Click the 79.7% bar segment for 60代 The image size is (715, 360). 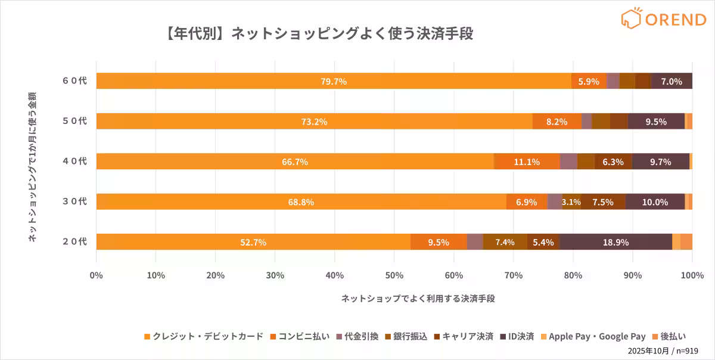pyautogui.click(x=334, y=81)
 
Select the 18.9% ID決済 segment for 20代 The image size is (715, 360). pyautogui.click(x=615, y=242)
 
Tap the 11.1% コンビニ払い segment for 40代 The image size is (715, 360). pyautogui.click(x=527, y=162)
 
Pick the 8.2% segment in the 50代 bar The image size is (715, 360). pyautogui.click(x=557, y=121)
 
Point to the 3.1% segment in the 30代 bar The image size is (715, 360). pyautogui.click(x=571, y=202)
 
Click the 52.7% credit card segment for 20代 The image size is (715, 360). pyautogui.click(x=253, y=242)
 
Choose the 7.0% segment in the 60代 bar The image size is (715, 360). pyautogui.click(x=672, y=81)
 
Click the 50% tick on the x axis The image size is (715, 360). pyautogui.click(x=394, y=275)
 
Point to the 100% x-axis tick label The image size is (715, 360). pyautogui.click(x=692, y=275)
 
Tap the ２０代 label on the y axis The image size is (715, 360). pyautogui.click(x=74, y=242)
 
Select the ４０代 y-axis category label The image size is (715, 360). pyautogui.click(x=74, y=162)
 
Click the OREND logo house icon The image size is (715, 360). pyautogui.click(x=630, y=18)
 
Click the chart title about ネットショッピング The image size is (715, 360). pyautogui.click(x=316, y=33)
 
